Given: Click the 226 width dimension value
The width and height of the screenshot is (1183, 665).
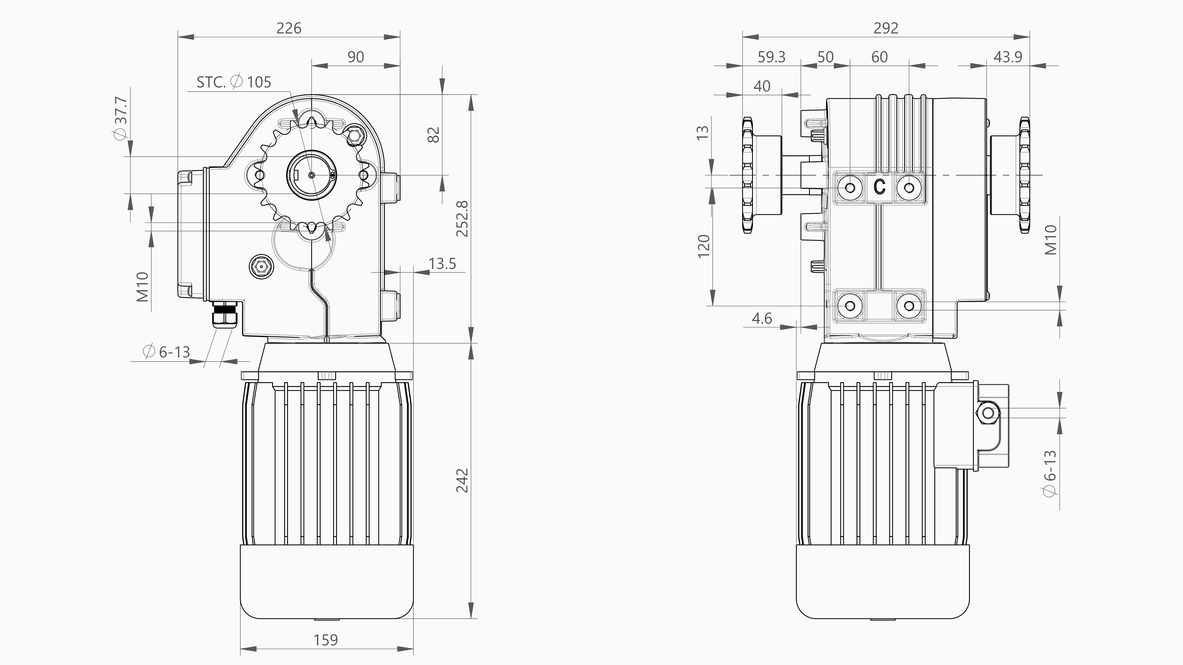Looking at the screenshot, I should click(289, 28).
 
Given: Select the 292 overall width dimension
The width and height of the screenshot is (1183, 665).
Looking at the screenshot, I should click(885, 28).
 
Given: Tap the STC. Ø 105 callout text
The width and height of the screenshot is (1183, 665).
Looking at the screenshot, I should click(234, 82).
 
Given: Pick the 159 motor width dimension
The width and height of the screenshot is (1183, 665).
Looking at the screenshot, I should click(326, 640).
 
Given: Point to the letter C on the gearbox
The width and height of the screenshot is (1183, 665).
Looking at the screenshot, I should click(879, 187).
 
